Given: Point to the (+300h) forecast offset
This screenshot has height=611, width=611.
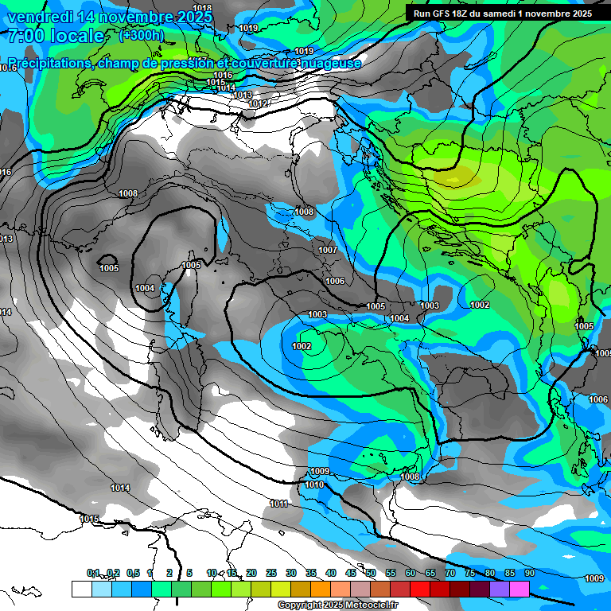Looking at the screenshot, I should coord(141,35).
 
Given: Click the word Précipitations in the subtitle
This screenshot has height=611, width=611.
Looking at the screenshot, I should coord(48,63).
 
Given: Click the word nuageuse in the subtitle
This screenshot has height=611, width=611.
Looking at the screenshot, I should coord(329,63).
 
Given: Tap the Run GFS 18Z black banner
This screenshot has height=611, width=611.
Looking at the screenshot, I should coord(502,14).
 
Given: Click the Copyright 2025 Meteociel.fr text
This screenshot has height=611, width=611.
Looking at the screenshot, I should coord(338,605).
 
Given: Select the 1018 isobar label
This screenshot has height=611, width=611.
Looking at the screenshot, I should coord(202,8).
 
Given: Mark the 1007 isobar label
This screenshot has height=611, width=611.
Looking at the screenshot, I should coord(328,250).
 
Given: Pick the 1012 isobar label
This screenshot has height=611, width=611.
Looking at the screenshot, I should coord(258,104).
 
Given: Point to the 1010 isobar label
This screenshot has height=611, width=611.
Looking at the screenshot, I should coord(314,485).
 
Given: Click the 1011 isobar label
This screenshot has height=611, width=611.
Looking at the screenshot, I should coord(278,504).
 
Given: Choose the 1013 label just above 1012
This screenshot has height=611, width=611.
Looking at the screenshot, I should coord(243,95).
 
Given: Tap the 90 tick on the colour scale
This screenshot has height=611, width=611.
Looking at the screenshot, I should coord(529,573).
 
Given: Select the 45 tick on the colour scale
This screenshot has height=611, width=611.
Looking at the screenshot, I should coord(351,573).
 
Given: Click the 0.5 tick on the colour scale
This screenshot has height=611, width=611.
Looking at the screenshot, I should coord(133,573).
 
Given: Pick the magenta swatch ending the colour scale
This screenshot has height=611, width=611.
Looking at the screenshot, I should coord(520,589).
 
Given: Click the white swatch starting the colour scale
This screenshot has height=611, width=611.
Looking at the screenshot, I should coord(81,589).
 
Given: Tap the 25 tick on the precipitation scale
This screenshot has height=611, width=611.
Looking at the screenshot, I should coord(271,573).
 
